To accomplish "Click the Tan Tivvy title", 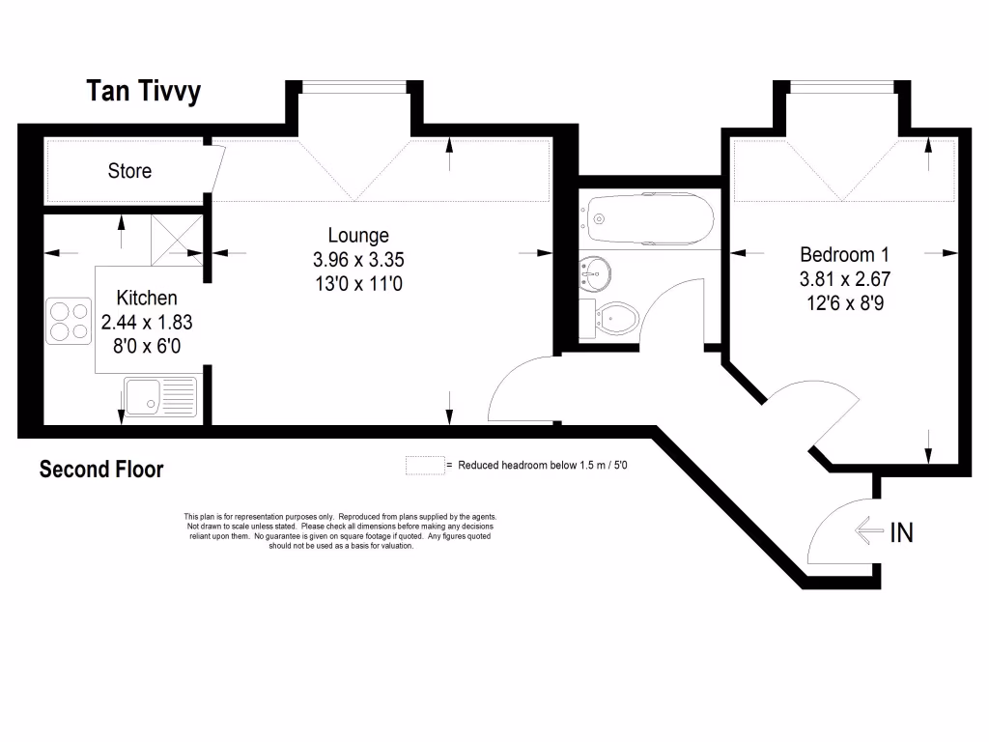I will pyautogui.click(x=144, y=92).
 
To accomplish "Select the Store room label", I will pyautogui.click(x=129, y=171).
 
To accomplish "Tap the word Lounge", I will pyautogui.click(x=358, y=235).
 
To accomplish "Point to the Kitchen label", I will pyautogui.click(x=147, y=298).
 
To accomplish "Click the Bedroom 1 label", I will pyautogui.click(x=844, y=255).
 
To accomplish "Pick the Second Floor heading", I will pyautogui.click(x=101, y=470).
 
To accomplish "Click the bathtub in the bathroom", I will pyautogui.click(x=651, y=214).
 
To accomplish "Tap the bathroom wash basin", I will pyautogui.click(x=594, y=272).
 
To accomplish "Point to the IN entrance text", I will pyautogui.click(x=901, y=531).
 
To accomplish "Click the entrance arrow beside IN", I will pyautogui.click(x=869, y=529).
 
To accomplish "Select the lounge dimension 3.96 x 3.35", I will pyautogui.click(x=358, y=259).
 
